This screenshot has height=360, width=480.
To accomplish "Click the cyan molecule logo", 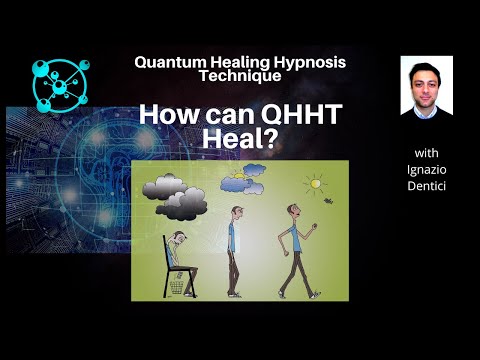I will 61,81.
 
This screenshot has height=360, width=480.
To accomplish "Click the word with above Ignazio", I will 426,152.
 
